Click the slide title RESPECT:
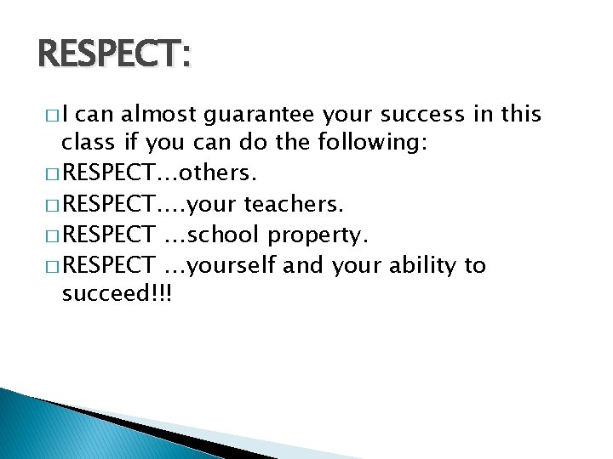tap(116, 56)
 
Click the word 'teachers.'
tap(294, 204)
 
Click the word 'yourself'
tap(232, 266)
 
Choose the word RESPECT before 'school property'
tap(108, 235)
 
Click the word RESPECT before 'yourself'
tap(108, 265)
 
